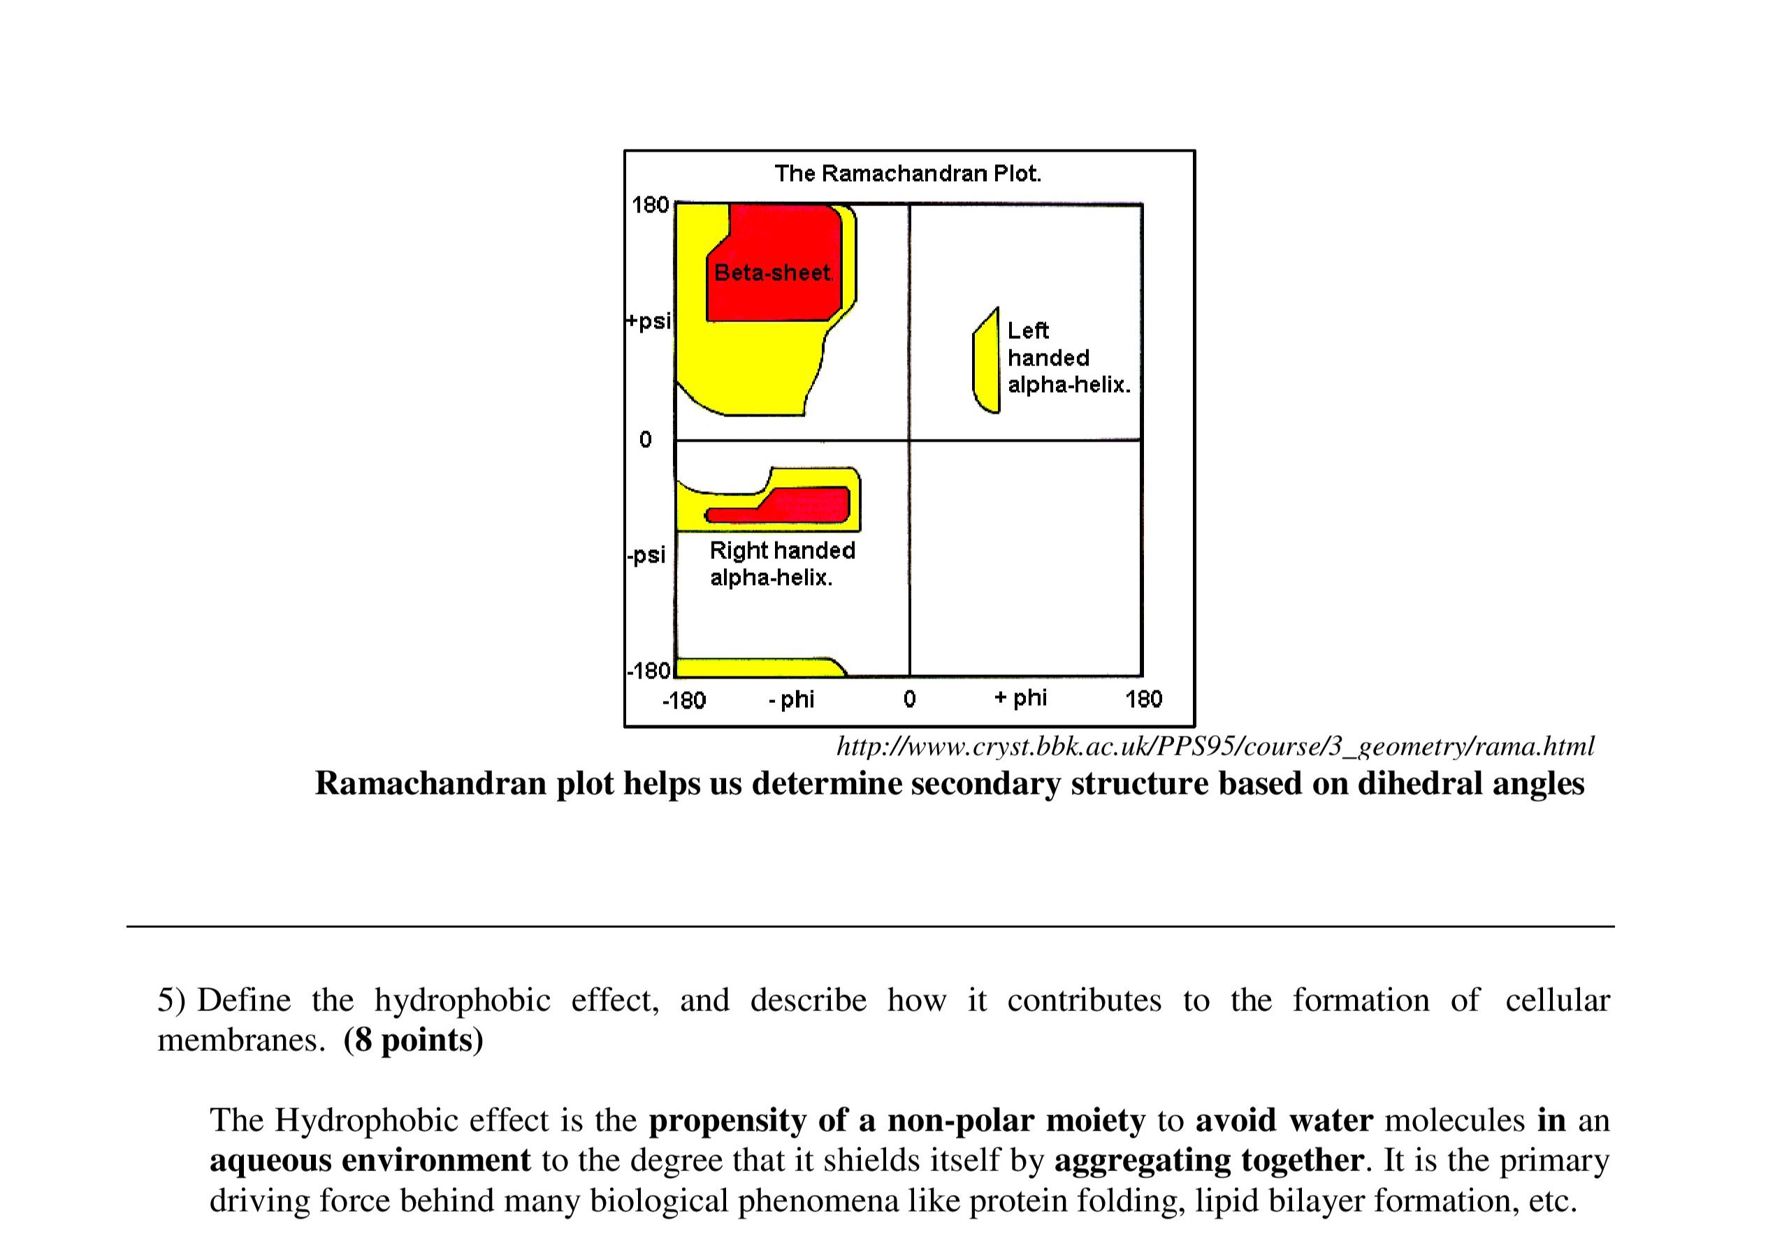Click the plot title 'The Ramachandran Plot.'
pos(907,173)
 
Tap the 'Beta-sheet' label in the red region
pos(773,273)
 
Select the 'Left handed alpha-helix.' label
pos(1068,358)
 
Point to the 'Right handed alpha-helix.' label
pos(781,563)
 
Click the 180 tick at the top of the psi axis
pos(650,205)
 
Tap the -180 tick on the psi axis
pos(648,671)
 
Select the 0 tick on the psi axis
pos(645,440)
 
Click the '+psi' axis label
pos(648,321)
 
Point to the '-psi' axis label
pos(646,555)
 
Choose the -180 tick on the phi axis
pos(683,700)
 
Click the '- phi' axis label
pos(791,699)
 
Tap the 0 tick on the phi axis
pos(910,699)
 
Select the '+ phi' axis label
pos(1020,698)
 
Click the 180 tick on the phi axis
pos(1143,699)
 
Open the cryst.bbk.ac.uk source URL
pos(1215,746)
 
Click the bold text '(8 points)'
pos(413,1040)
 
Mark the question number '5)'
pos(171,1000)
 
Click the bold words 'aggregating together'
pos(1208,1159)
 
